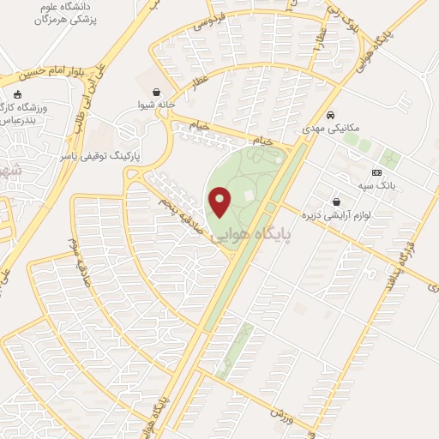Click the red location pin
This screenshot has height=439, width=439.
[220, 201]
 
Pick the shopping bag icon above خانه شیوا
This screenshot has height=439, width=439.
[156, 92]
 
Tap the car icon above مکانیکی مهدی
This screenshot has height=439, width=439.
[331, 114]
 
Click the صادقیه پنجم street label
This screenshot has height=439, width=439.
[176, 204]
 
